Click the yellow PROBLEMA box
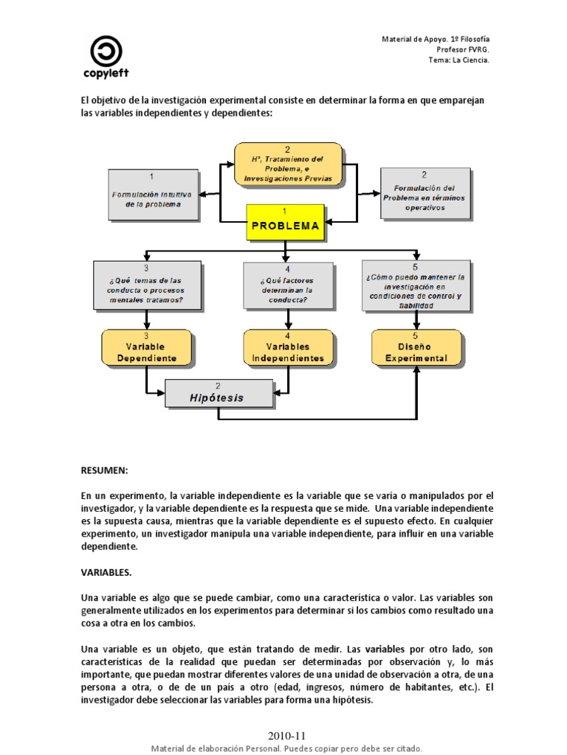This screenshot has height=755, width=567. click(x=286, y=222)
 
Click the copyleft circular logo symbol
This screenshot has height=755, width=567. click(x=106, y=52)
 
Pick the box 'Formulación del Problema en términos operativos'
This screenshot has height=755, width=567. click(x=425, y=193)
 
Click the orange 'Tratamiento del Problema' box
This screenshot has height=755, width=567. click(x=287, y=164)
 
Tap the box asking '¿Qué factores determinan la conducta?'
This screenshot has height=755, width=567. click(x=288, y=285)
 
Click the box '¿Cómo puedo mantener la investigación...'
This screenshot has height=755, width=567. click(x=416, y=285)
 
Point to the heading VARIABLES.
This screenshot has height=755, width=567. click(x=106, y=571)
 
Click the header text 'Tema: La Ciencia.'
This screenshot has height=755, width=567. click(x=458, y=60)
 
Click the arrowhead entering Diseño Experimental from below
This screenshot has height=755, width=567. click(x=417, y=370)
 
